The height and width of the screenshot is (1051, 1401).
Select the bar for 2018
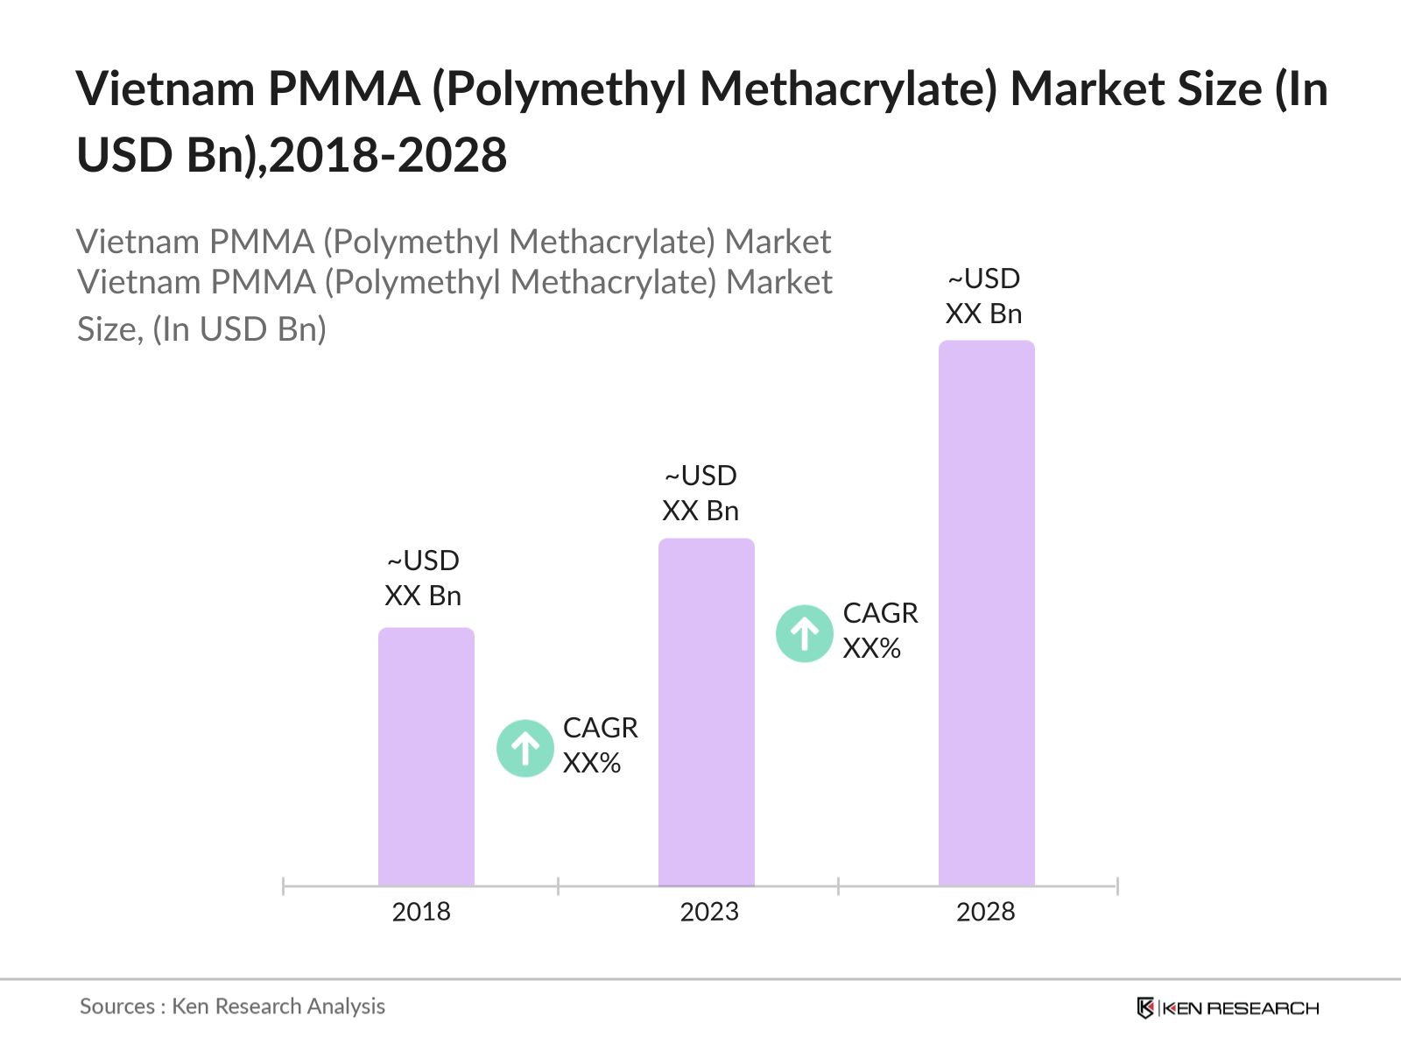pyautogui.click(x=426, y=758)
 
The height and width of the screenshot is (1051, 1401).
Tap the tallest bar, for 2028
pyautogui.click(x=986, y=613)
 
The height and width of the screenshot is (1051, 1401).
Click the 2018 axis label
pyautogui.click(x=421, y=912)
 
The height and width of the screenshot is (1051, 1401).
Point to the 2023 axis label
pyautogui.click(x=709, y=912)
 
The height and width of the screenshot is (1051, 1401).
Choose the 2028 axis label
pyautogui.click(x=985, y=912)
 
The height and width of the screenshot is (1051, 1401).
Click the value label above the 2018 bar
pyautogui.click(x=423, y=578)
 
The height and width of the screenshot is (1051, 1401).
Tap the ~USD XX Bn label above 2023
pyautogui.click(x=700, y=493)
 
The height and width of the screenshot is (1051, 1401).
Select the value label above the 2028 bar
pyautogui.click(x=983, y=296)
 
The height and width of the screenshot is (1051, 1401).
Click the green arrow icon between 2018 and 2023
pyautogui.click(x=525, y=748)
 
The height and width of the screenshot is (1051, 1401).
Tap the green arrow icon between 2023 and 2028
pyautogui.click(x=804, y=633)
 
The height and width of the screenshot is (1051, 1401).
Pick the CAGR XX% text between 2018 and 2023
pyautogui.click(x=600, y=745)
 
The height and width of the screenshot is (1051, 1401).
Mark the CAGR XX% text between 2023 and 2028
pyautogui.click(x=880, y=631)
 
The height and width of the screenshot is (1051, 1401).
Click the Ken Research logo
pyautogui.click(x=1228, y=1008)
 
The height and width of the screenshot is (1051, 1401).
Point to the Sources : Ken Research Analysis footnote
pyautogui.click(x=232, y=1006)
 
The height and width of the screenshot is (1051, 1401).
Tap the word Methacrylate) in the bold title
pyautogui.click(x=848, y=89)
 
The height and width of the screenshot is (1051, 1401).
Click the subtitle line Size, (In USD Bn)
pyautogui.click(x=201, y=329)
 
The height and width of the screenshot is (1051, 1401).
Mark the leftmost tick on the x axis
pyautogui.click(x=284, y=886)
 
